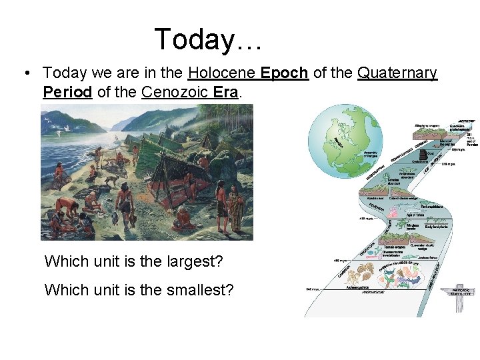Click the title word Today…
point(209,39)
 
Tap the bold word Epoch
point(285,73)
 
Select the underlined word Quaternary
point(397,73)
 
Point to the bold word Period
point(67,92)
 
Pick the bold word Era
point(225,92)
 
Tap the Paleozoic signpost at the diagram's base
point(459,294)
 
